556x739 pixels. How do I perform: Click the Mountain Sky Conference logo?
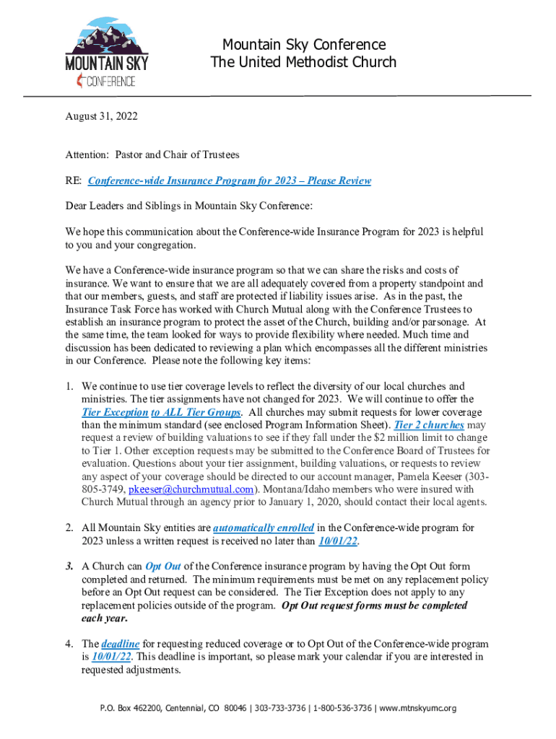pos(107,53)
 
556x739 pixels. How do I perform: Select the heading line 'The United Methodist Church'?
pos(303,62)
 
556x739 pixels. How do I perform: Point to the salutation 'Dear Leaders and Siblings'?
pos(126,206)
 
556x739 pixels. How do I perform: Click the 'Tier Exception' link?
pos(114,412)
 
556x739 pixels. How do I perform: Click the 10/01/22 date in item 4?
pos(112,657)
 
